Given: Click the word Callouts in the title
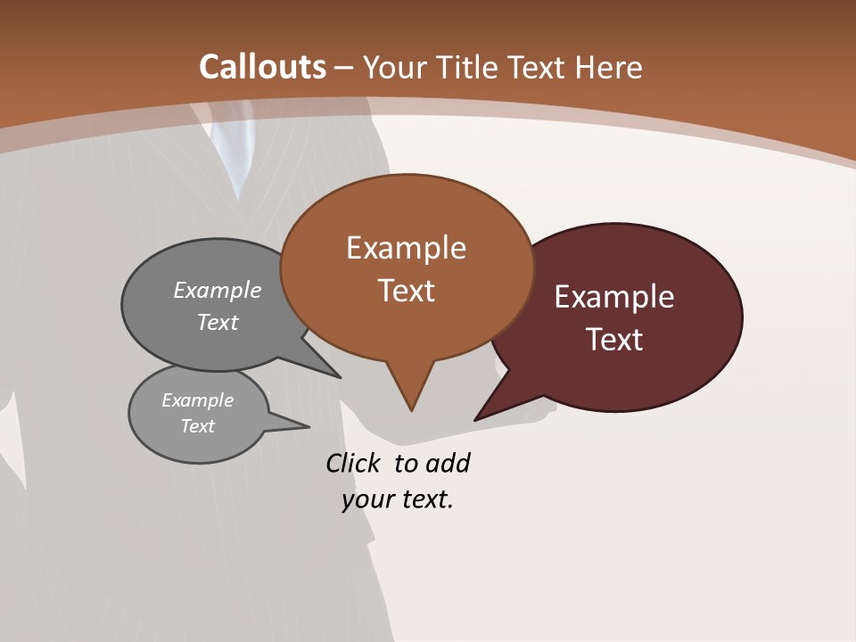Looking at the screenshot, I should click(262, 67).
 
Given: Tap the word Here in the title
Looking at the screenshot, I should click(609, 68).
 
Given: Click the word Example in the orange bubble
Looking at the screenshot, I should click(406, 248).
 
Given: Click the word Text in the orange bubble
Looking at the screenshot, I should click(407, 291).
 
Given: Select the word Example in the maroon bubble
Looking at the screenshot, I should click(614, 297).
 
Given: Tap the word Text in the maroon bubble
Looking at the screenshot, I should click(615, 340).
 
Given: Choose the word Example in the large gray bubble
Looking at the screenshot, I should click(218, 291).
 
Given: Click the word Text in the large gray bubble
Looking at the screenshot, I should click(218, 322).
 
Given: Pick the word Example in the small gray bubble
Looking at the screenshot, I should click(198, 400).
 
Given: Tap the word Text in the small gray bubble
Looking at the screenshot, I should click(198, 426).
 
